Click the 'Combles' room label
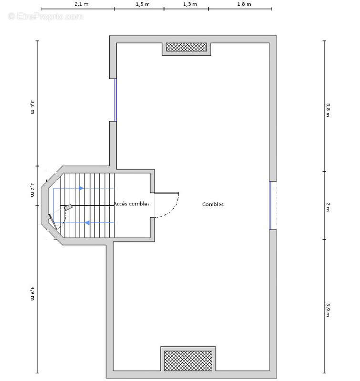[213, 204]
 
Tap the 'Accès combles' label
[132, 204]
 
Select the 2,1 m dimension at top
[82, 4]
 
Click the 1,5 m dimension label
[143, 4]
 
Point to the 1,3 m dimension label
[190, 4]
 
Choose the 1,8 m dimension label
[244, 4]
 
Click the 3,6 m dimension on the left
[32, 107]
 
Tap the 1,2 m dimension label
[32, 190]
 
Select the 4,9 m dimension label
[32, 293]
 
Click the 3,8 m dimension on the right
[328, 110]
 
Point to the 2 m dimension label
[328, 207]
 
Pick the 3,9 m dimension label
[328, 310]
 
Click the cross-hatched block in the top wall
[186, 47]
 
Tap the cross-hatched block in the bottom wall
[188, 361]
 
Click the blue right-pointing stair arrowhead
[82, 188]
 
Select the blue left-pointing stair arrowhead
[87, 222]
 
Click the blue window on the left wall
[115, 100]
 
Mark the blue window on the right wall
[270, 205]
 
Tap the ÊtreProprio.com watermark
[45, 17]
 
